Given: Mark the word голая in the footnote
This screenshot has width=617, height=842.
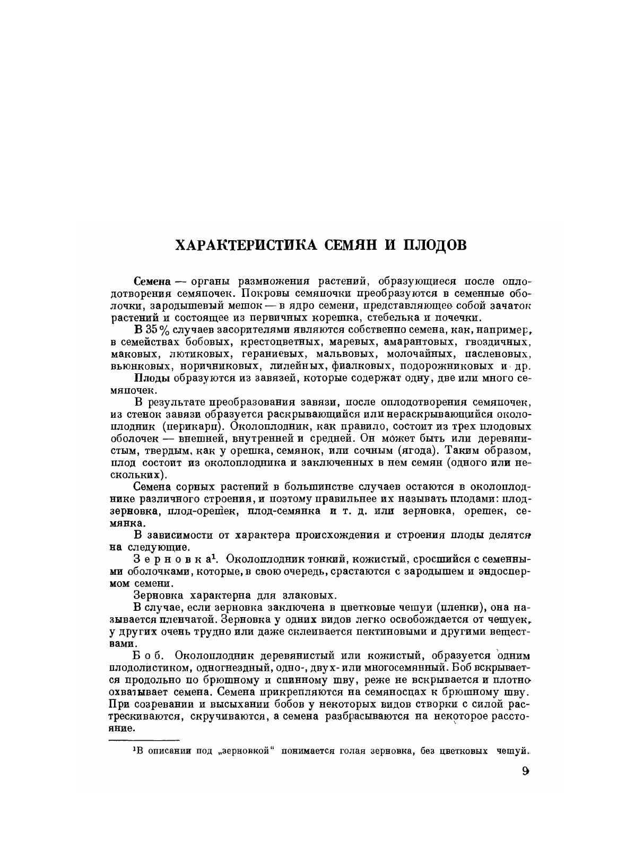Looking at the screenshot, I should coord(364,751).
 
